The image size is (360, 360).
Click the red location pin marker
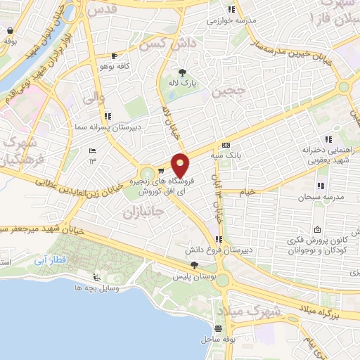[180, 165]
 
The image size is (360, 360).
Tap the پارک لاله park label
[182, 84]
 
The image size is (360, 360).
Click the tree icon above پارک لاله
[182, 72]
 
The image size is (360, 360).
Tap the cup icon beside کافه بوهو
[115, 56]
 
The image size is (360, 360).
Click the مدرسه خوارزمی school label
[229, 21]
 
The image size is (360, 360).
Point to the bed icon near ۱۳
[92, 150]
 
